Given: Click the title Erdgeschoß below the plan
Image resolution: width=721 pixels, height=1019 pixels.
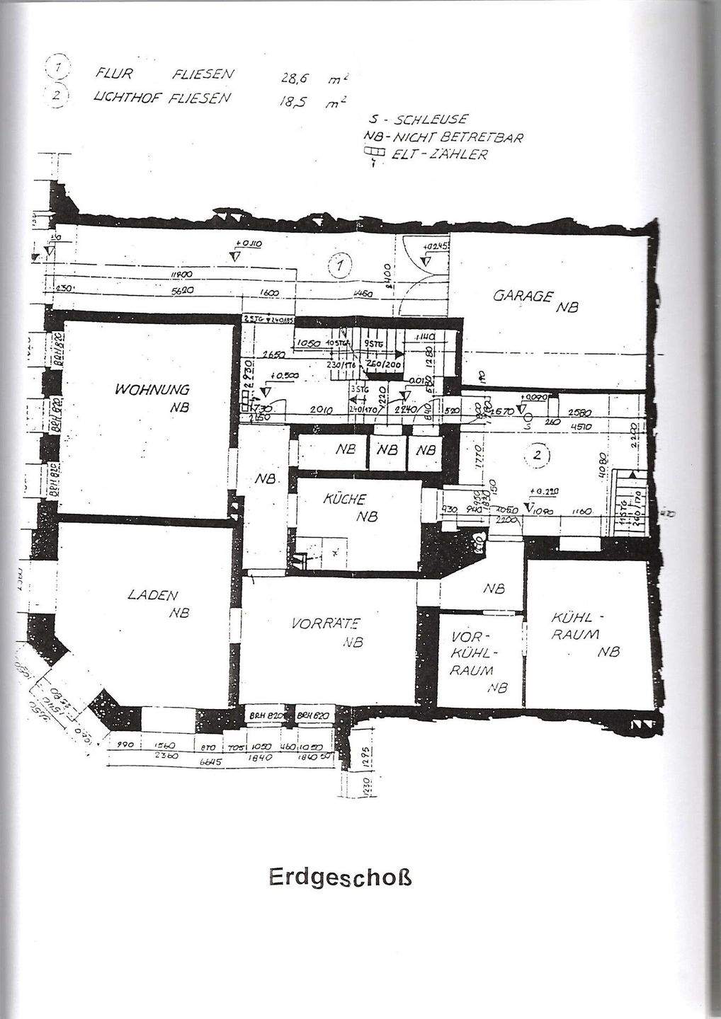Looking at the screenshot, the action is tap(340, 877).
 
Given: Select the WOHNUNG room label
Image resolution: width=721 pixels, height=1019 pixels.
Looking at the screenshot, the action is tap(154, 390).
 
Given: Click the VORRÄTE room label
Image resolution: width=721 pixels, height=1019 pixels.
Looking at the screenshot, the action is tap(326, 624).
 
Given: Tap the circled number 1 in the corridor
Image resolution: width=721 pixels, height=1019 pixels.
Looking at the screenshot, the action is tap(341, 266).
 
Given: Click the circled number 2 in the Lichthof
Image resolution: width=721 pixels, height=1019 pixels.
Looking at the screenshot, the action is tap(536, 456).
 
